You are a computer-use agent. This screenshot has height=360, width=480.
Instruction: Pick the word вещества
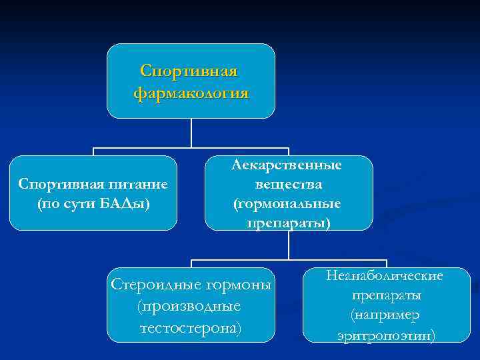288,184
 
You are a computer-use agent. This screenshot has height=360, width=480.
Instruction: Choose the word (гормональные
288,203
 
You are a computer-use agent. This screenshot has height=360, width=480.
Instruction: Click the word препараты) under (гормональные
288,222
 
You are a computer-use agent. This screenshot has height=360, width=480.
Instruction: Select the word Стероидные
155,285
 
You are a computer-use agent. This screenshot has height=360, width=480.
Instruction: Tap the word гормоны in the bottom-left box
238,285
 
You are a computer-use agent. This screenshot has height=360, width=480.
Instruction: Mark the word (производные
189,307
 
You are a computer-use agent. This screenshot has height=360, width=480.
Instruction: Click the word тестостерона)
189,328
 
